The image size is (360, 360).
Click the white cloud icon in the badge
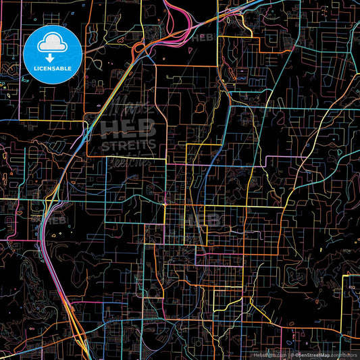click(52, 44)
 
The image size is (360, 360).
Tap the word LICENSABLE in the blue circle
click(53, 68)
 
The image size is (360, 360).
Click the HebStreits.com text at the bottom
click(269, 355)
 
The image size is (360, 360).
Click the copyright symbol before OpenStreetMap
click(290, 355)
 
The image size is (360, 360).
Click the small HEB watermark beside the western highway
click(55, 220)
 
